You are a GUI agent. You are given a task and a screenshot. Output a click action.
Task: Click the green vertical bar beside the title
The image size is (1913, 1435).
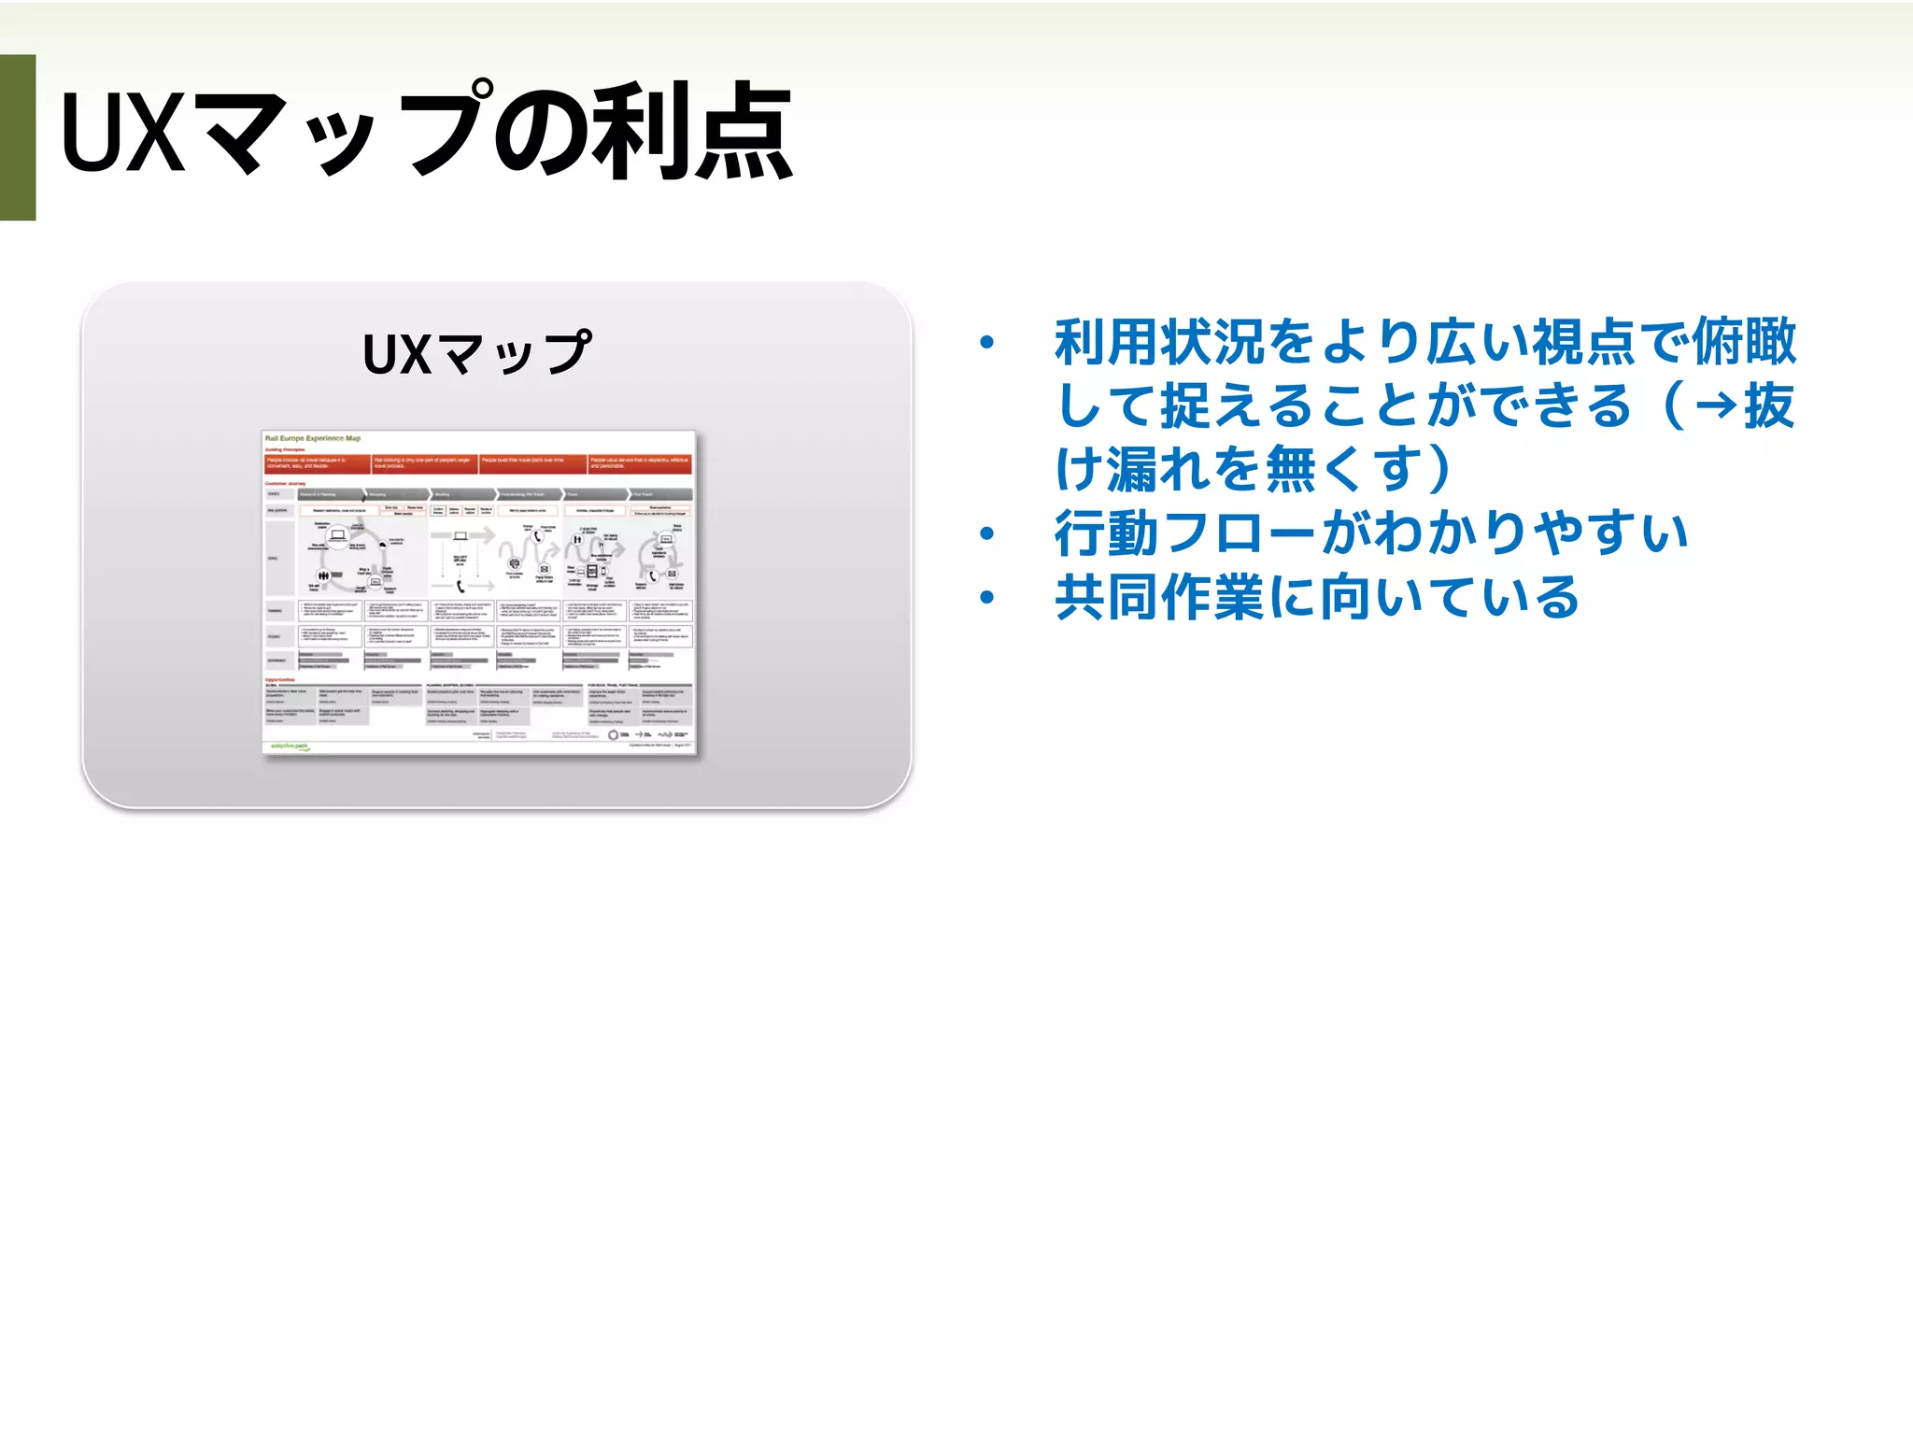coord(18,137)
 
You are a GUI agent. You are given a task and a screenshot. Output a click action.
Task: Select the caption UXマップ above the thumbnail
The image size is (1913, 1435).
coord(476,353)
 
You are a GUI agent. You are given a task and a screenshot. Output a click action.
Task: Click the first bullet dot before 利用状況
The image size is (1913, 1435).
coord(986,343)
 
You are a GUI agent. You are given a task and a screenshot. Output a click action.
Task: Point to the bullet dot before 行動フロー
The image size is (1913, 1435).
coord(986,533)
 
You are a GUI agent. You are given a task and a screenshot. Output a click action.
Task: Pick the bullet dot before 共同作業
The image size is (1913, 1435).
coord(986,597)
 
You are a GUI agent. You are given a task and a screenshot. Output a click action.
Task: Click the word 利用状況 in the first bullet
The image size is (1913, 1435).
coord(1159,342)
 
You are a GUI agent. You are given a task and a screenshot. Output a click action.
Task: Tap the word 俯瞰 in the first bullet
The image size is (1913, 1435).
coord(1744,342)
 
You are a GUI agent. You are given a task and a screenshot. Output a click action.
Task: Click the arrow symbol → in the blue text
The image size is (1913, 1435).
coord(1716,406)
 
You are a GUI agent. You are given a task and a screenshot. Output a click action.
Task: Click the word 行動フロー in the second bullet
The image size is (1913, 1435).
coord(1186,533)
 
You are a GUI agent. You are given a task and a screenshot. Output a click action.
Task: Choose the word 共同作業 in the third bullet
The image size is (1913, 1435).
coord(1159,597)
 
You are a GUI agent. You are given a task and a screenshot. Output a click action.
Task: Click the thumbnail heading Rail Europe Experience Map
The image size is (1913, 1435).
coord(313,438)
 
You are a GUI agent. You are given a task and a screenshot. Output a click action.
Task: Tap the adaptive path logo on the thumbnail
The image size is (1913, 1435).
coord(289,746)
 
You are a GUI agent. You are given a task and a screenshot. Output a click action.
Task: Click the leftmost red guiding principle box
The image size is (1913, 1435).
coord(317,463)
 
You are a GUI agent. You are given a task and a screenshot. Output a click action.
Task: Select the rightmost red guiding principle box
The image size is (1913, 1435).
coord(641,463)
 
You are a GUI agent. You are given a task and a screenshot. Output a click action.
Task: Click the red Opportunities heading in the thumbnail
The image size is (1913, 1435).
coord(280,680)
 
